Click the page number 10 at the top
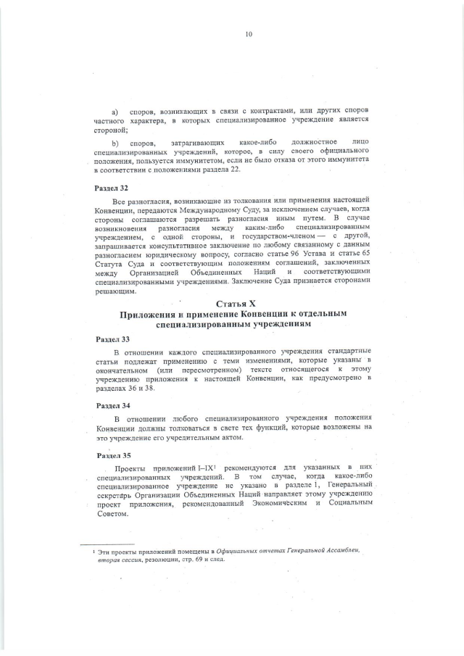tap(248, 34)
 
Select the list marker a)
tap(115, 111)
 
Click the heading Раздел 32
tap(112, 187)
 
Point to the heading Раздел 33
tap(112, 339)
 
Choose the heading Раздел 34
tap(112, 405)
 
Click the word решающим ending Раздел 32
tap(115, 291)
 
